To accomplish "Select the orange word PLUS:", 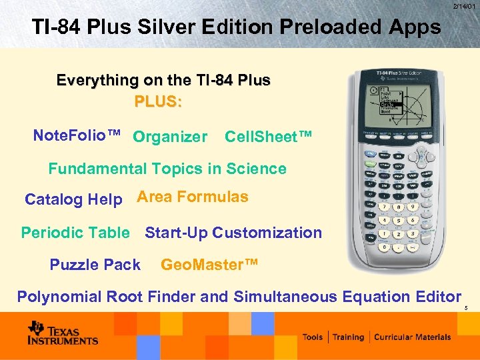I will point(159,102).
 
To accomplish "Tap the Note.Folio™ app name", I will point(77,136).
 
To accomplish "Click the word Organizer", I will point(170,137).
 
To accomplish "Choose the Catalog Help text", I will point(73,199).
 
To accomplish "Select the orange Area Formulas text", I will point(193,197).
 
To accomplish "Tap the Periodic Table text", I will point(75,233).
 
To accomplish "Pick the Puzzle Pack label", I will point(95,265).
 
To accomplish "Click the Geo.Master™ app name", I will point(209,265).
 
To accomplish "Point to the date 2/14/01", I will point(464,6).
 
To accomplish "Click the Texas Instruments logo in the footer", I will point(63,333).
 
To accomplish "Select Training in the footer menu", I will point(349,337).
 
